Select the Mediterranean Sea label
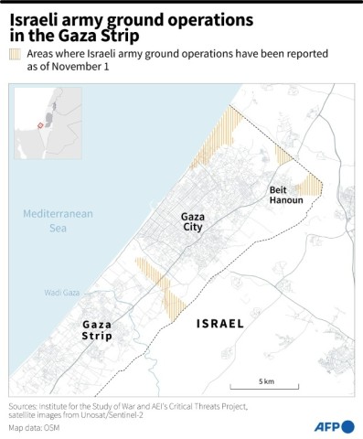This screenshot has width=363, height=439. click(x=59, y=219)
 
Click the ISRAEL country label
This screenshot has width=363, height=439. click(x=220, y=324)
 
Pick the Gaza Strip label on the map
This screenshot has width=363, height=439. click(x=98, y=330)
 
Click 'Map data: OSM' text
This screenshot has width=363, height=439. click(x=37, y=427)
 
